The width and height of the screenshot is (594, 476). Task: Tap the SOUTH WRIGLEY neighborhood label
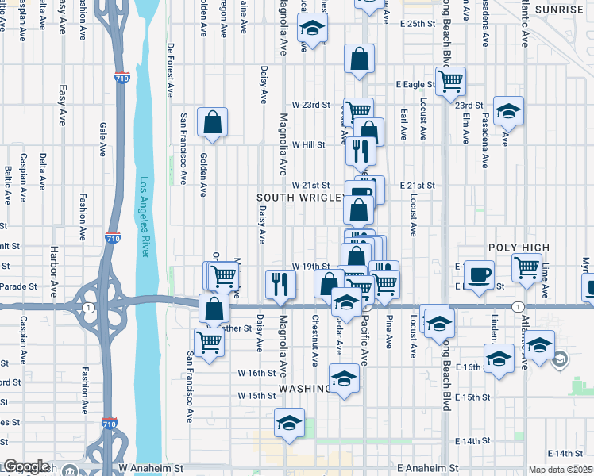pyautogui.click(x=300, y=197)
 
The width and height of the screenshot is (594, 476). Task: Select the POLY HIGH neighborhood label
pyautogui.click(x=519, y=248)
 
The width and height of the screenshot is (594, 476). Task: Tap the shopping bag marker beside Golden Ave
pyautogui.click(x=212, y=122)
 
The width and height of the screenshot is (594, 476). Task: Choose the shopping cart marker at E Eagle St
pyautogui.click(x=450, y=81)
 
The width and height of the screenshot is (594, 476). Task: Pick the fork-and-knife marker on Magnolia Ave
pyautogui.click(x=280, y=284)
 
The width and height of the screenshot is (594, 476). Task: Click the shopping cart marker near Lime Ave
pyautogui.click(x=527, y=269)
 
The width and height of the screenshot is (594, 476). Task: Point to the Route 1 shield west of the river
pyautogui.click(x=86, y=307)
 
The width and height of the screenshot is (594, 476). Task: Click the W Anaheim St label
pyautogui.click(x=150, y=469)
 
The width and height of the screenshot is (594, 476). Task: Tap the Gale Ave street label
pyautogui.click(x=102, y=140)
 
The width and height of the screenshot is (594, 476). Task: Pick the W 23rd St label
pyautogui.click(x=310, y=105)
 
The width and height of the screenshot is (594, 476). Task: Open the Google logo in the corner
pyautogui.click(x=26, y=466)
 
